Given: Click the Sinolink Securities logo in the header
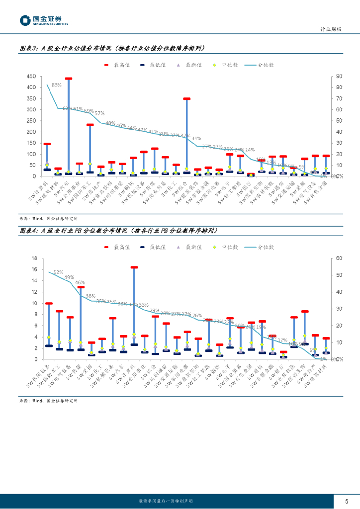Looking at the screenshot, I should [44, 20].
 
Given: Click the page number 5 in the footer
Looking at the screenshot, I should [347, 501].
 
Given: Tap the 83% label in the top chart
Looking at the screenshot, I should [57, 85].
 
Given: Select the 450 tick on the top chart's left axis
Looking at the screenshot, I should [30, 77].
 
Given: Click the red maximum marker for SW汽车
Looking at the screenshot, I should [68, 79].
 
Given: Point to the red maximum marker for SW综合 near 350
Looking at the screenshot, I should [186, 99].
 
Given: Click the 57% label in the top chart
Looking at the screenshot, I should [99, 113].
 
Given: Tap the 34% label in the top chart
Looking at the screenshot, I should [196, 139].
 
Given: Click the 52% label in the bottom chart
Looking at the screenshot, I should [58, 272].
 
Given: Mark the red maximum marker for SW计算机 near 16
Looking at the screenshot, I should [134, 267].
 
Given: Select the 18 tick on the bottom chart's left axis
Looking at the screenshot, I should [34, 258].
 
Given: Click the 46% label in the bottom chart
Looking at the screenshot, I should [80, 283].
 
